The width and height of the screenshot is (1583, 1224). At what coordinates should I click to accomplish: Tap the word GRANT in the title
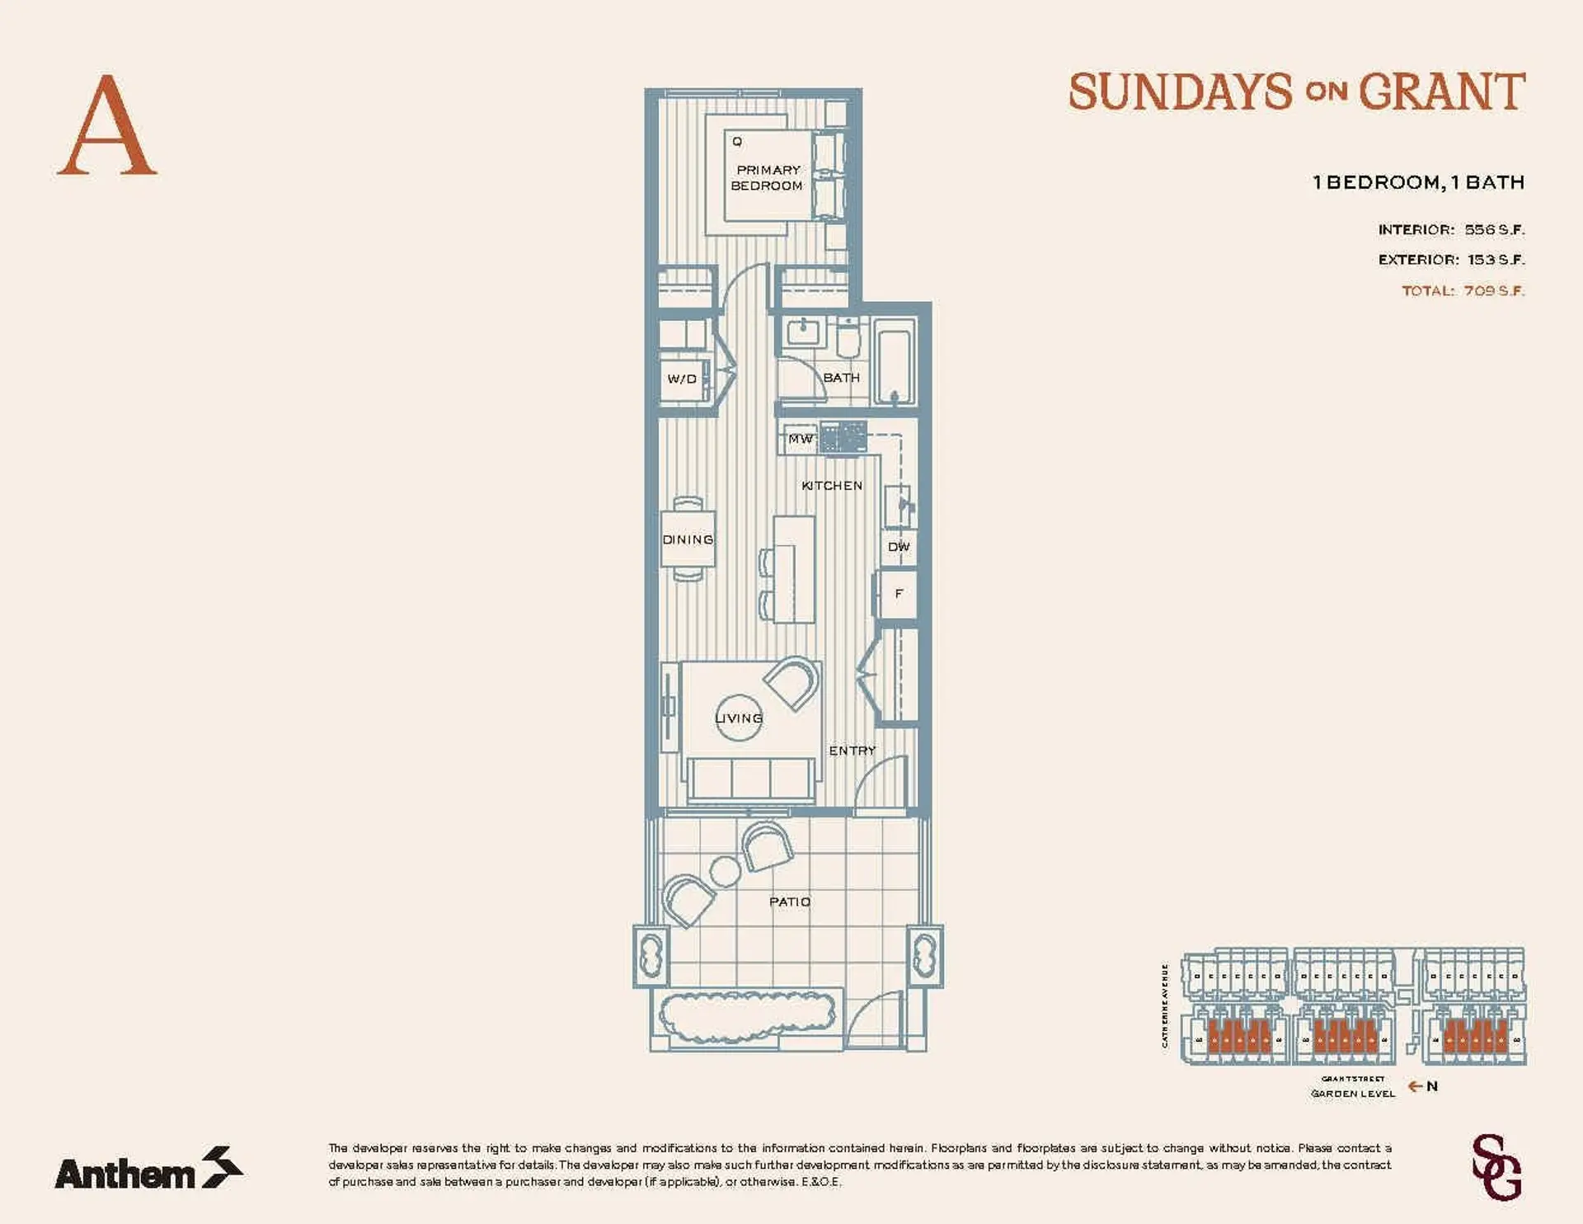[1441, 92]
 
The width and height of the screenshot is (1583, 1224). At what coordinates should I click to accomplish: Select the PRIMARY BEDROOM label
[768, 178]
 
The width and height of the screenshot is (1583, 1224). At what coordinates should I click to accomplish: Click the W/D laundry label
[682, 379]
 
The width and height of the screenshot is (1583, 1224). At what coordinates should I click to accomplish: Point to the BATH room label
[841, 378]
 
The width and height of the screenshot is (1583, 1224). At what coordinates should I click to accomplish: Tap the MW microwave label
[800, 439]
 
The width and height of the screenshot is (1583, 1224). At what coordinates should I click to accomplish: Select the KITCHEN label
[832, 486]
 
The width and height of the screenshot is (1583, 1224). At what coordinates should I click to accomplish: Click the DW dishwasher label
[899, 547]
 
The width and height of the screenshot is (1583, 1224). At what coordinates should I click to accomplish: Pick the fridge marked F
[899, 593]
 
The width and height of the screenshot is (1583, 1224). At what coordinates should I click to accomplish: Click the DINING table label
[688, 539]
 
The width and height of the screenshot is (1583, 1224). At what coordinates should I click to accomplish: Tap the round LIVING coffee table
[739, 718]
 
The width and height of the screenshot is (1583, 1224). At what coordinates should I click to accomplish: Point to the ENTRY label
[852, 751]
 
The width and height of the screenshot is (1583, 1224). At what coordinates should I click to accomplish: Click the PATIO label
[790, 902]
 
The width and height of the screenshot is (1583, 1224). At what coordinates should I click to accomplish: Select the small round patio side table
[726, 871]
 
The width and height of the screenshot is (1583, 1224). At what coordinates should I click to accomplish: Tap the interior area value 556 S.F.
[1494, 230]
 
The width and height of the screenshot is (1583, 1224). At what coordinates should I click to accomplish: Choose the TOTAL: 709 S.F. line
[1463, 291]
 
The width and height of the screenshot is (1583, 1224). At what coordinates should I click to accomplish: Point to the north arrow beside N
[1415, 1086]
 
